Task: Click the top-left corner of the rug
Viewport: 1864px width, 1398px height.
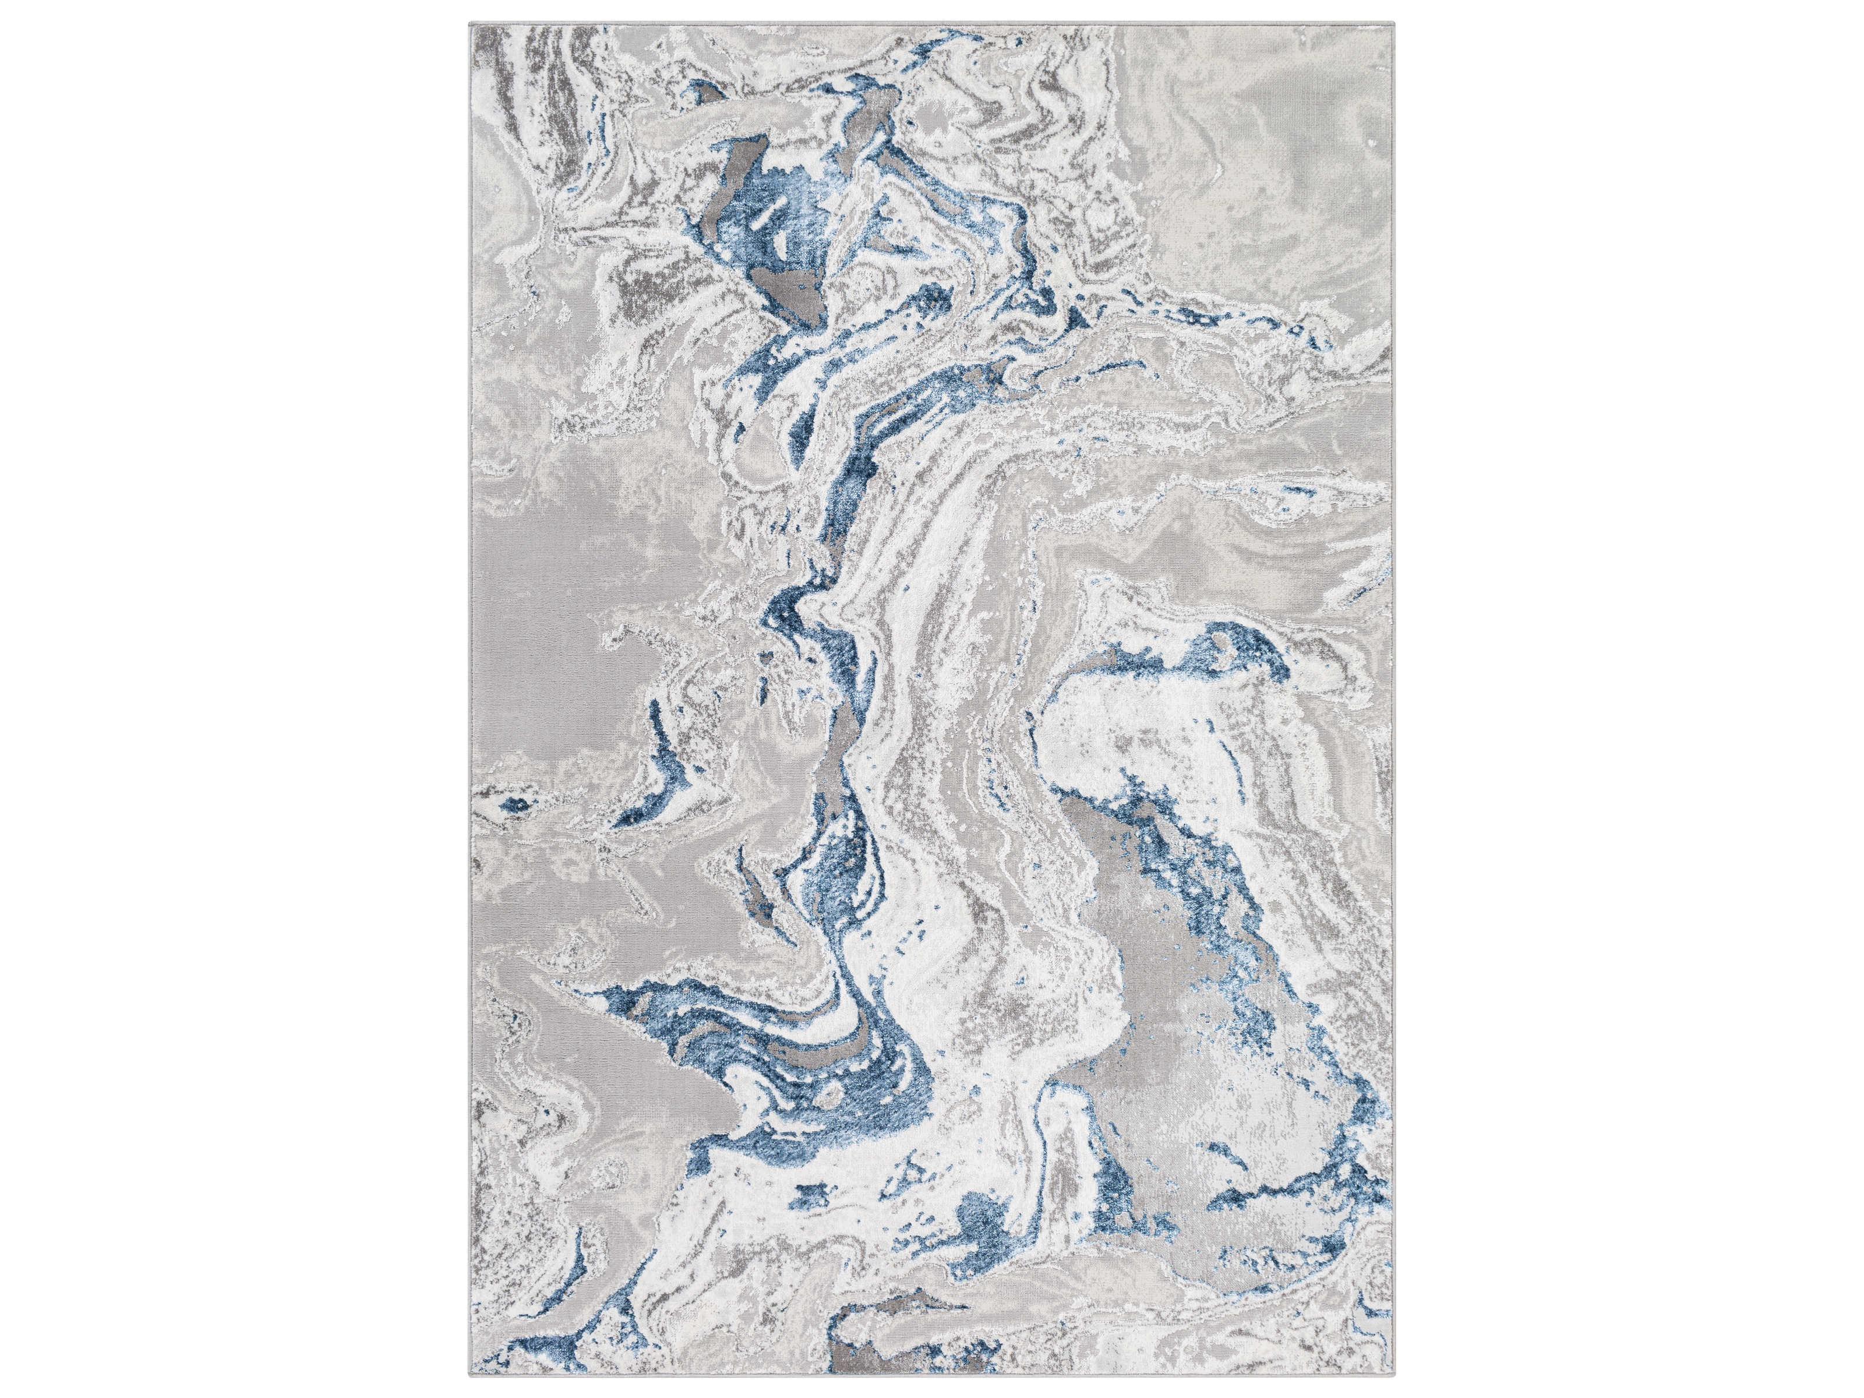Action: [x=469, y=23]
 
